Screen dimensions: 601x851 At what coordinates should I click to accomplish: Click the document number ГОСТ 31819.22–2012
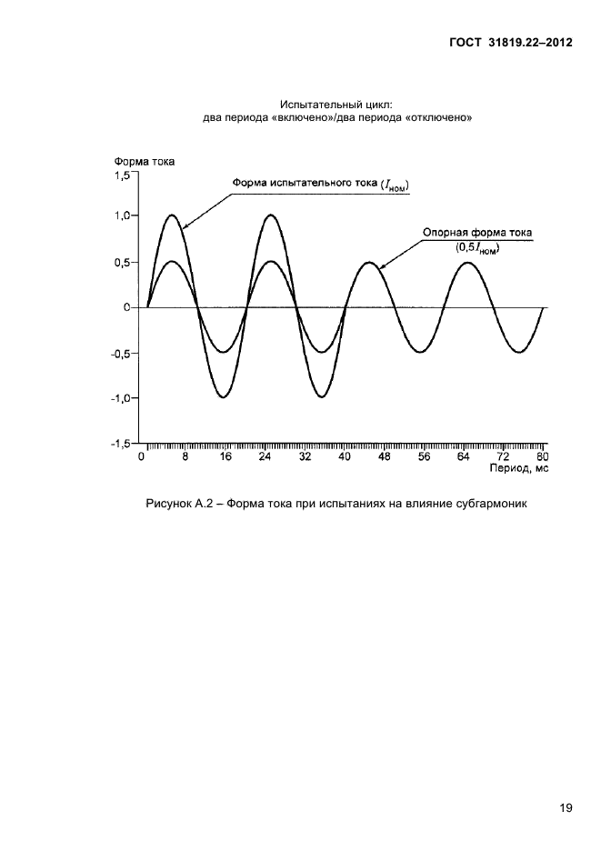(x=510, y=43)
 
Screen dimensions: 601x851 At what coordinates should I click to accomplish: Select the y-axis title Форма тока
(x=144, y=162)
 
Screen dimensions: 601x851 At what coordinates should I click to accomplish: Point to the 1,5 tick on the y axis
(x=122, y=175)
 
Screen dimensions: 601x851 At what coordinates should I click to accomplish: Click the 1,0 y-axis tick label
(x=122, y=216)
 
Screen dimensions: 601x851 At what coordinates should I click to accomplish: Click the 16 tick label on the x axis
(x=225, y=456)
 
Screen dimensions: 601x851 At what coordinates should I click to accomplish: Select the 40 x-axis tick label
(x=345, y=456)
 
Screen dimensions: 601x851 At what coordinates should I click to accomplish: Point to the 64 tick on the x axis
(x=463, y=456)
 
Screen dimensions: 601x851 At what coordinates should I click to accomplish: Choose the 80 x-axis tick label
(x=543, y=456)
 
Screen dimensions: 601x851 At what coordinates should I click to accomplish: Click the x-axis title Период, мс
(x=519, y=468)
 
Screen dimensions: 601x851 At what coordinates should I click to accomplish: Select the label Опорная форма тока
(x=477, y=233)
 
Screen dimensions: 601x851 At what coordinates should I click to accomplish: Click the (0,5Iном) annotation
(x=477, y=248)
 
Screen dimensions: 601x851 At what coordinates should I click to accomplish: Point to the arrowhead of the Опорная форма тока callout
(x=379, y=266)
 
